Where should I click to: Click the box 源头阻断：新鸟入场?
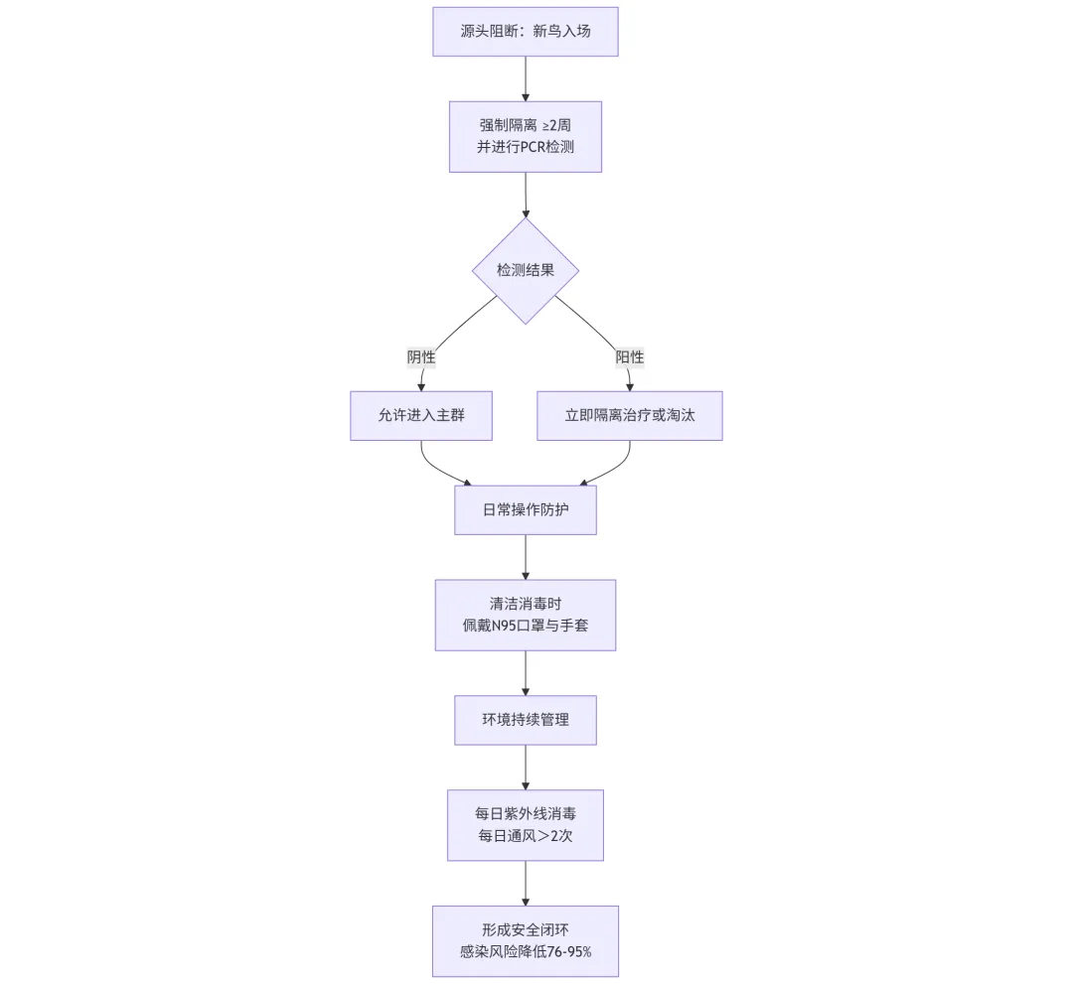[x=525, y=32]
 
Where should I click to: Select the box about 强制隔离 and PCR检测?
[x=525, y=137]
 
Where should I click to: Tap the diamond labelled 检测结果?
[x=525, y=271]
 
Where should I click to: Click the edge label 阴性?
[x=421, y=356]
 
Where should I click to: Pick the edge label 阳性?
[x=630, y=356]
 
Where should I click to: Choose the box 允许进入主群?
[x=421, y=416]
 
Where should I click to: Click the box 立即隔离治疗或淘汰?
[x=630, y=416]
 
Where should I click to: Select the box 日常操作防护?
[x=525, y=510]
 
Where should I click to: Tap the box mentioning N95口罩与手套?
[x=525, y=615]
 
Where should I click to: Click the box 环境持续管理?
[x=525, y=720]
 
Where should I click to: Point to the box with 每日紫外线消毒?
[x=525, y=825]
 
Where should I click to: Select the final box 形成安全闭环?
[x=525, y=941]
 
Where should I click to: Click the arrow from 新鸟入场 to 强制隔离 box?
[x=526, y=78]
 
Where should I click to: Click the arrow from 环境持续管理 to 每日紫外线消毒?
[x=526, y=768]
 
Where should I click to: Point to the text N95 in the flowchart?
[x=503, y=625]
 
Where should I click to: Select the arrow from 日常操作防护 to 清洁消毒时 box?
[x=526, y=557]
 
